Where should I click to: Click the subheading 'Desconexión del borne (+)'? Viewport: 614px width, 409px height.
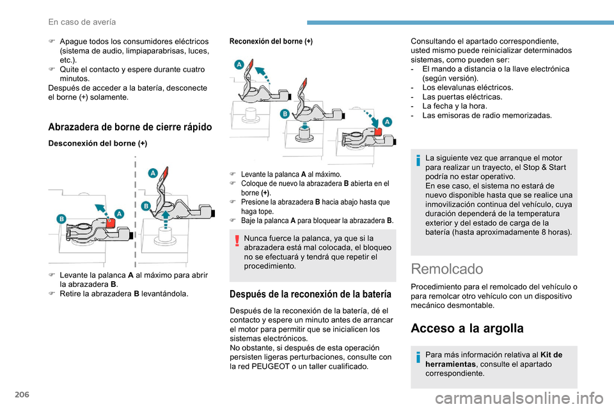[x=98, y=144]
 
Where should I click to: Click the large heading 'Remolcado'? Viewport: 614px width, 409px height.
[x=448, y=269]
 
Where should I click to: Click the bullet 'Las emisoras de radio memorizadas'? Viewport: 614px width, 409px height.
[x=487, y=116]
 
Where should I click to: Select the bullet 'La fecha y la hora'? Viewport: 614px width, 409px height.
[x=454, y=106]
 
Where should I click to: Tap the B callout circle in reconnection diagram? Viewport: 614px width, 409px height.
[x=285, y=113]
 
